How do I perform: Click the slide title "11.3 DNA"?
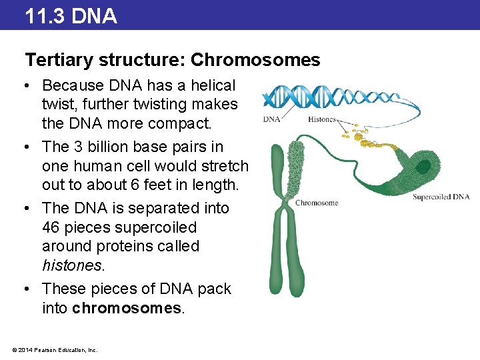[x=71, y=15]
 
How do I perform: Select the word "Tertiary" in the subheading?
[x=59, y=60]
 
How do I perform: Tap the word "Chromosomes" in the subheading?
[x=255, y=60]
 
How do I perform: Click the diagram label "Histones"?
[x=322, y=119]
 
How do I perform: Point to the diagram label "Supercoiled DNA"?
[x=441, y=197]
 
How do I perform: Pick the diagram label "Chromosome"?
[x=317, y=203]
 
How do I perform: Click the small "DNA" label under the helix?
[x=271, y=119]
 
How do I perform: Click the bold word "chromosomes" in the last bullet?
[x=126, y=307]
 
